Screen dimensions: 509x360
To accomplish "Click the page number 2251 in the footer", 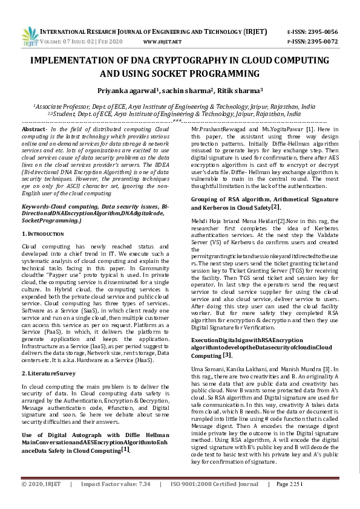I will (289, 501).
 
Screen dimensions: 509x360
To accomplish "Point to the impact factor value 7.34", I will (145, 501).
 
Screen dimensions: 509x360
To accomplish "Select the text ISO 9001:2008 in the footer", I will (192, 501).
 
